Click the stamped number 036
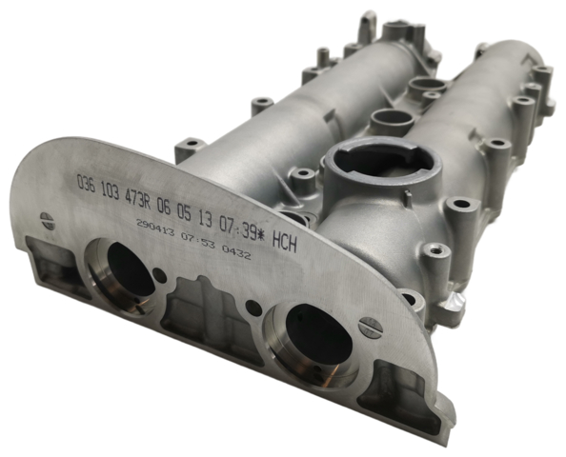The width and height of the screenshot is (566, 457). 87,184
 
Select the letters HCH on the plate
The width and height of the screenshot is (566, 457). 285,242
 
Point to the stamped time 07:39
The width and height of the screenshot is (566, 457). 240,228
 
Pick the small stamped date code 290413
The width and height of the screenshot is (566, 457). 155,228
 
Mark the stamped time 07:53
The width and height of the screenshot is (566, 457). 198,242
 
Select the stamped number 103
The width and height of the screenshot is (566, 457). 110,191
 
